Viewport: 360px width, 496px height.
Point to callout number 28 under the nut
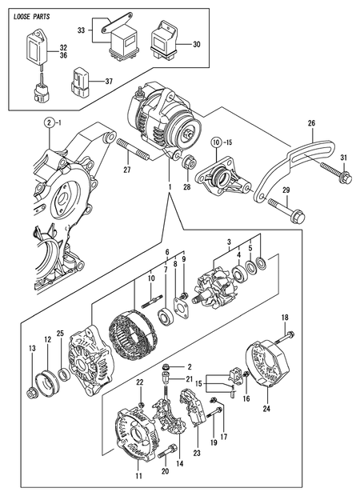(187, 189)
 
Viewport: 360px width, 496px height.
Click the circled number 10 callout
(216, 142)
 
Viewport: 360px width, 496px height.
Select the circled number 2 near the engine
(48, 122)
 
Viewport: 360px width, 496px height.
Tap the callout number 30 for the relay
(197, 45)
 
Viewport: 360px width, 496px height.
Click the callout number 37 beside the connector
(108, 80)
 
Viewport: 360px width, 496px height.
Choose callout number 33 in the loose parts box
(80, 31)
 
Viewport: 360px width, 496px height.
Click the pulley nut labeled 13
(31, 392)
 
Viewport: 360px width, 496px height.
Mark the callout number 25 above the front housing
(59, 333)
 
